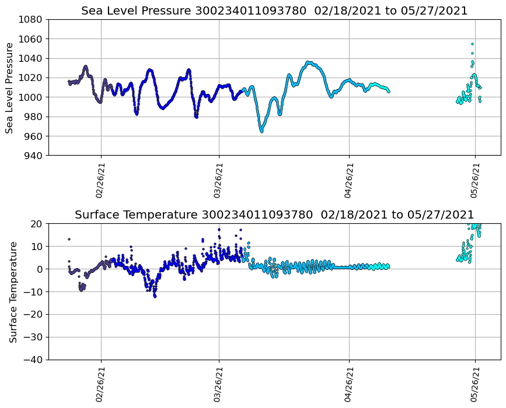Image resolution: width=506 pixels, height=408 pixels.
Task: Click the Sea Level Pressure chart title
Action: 274,11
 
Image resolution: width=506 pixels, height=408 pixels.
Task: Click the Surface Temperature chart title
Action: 274,215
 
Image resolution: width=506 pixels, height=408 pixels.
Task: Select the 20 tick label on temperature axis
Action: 37,224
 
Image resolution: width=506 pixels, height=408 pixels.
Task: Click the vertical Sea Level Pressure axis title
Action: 9,87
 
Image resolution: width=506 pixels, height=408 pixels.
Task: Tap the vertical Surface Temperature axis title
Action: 13,291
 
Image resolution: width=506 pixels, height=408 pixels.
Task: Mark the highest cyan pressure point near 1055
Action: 472,44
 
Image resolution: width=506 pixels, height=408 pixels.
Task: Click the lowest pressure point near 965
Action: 261,131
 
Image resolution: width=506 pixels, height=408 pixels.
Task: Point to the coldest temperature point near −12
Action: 155,296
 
